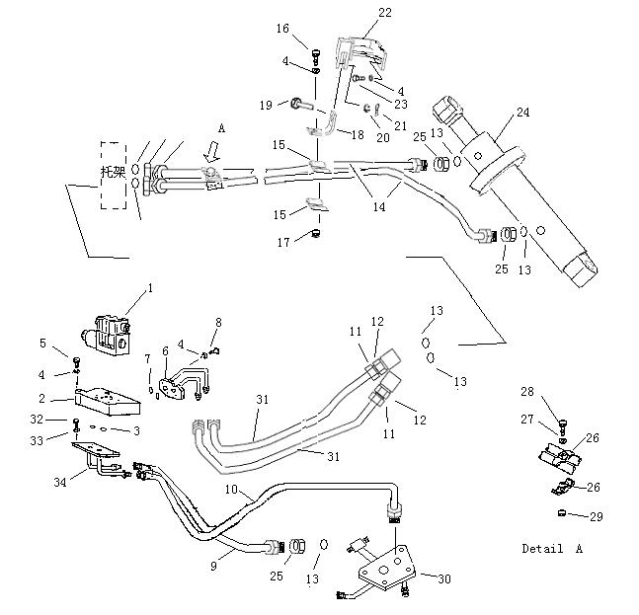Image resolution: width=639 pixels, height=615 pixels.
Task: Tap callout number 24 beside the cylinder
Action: pyautogui.click(x=522, y=113)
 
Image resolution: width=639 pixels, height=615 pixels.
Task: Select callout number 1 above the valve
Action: pyautogui.click(x=150, y=288)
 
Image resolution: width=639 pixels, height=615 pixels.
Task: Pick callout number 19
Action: pyautogui.click(x=266, y=105)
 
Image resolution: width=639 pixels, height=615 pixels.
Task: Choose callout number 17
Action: pyautogui.click(x=283, y=242)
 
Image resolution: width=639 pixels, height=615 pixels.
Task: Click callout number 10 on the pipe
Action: pyautogui.click(x=230, y=491)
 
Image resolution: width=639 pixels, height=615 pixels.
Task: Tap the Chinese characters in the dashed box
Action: pyautogui.click(x=114, y=171)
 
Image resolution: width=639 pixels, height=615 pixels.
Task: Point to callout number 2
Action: pyautogui.click(x=42, y=398)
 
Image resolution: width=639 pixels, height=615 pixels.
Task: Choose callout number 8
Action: pyautogui.click(x=218, y=322)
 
